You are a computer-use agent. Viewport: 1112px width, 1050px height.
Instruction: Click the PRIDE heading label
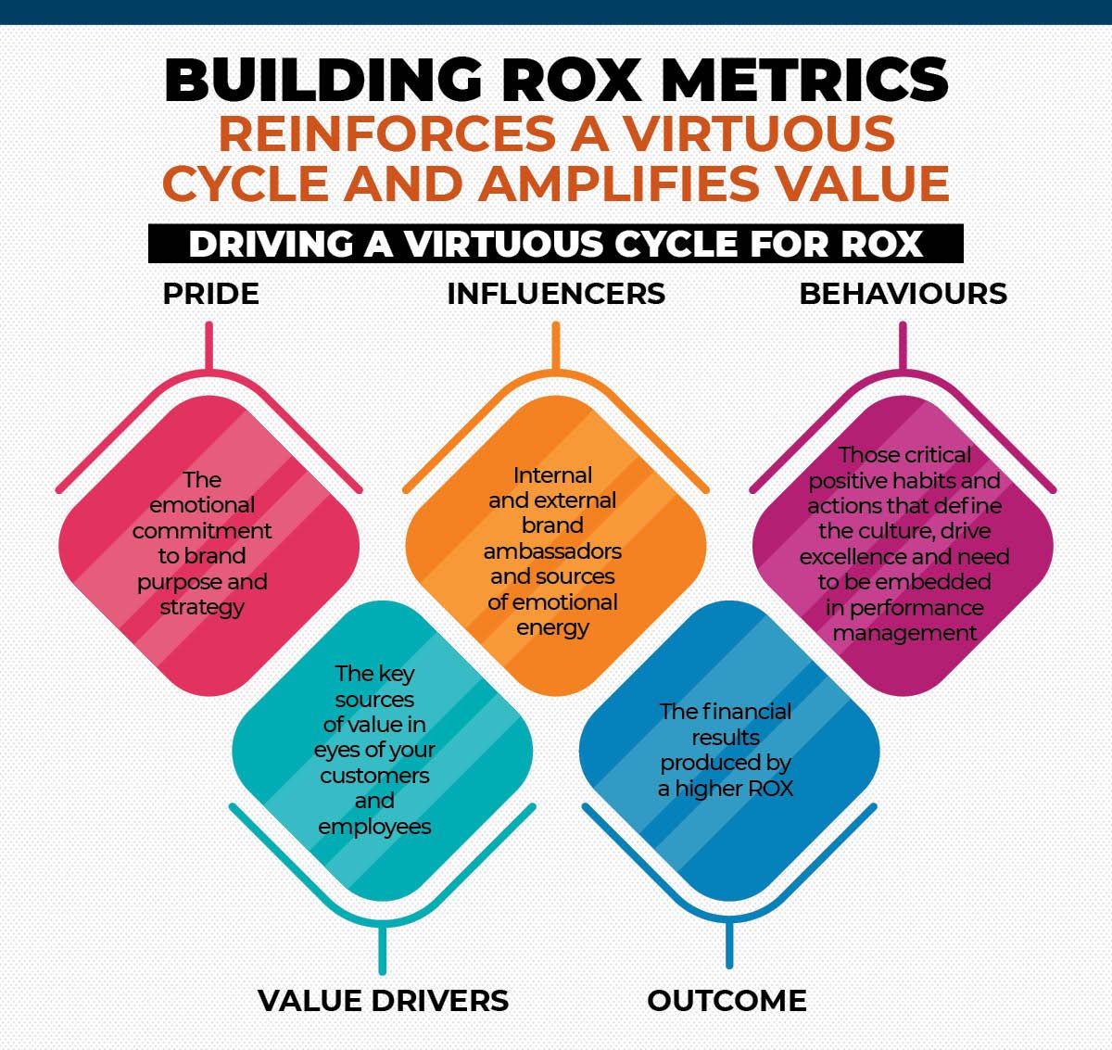coord(210,294)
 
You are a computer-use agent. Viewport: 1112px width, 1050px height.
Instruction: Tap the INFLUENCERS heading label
coord(556,294)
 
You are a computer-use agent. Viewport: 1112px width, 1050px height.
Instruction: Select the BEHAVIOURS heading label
coord(903,294)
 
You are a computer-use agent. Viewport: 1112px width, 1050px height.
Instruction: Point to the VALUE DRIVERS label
coord(383,1001)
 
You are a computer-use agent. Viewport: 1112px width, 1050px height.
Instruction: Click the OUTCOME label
coord(727,1001)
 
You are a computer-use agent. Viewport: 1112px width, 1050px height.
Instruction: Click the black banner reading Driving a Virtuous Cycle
coord(556,244)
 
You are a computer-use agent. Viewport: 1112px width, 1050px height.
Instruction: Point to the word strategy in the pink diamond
coord(202,608)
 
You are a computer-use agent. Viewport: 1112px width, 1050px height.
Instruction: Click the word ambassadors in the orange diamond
coord(552,551)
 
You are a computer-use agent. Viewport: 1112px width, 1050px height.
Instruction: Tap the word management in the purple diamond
coord(903,634)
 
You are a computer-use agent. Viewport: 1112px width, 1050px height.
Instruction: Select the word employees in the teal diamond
coord(374,827)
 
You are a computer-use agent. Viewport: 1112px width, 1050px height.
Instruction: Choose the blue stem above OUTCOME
coord(729,945)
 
